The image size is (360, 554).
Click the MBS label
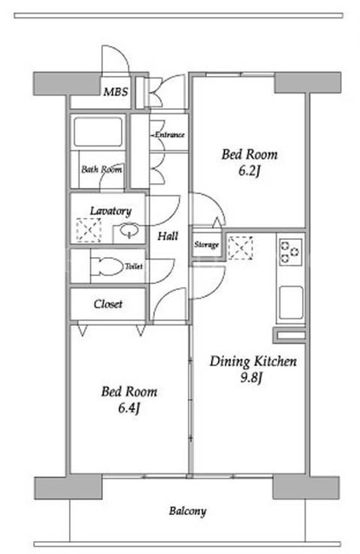tap(115, 92)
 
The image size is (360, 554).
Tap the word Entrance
tap(170, 135)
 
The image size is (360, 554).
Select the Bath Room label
tap(102, 170)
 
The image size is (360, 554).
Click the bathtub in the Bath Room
tap(98, 132)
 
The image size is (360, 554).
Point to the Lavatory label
tap(111, 211)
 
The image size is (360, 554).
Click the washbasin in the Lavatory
tap(129, 230)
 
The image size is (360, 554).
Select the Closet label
tap(108, 304)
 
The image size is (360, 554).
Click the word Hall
tap(168, 236)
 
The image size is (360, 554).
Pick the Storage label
tap(207, 244)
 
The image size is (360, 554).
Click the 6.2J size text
tap(249, 171)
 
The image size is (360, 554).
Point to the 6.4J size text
tap(129, 409)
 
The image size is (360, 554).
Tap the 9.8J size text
tap(252, 378)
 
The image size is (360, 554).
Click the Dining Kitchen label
tap(253, 362)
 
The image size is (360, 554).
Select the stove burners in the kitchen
tap(291, 252)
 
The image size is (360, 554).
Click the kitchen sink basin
tap(292, 303)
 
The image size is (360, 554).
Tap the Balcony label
tap(187, 512)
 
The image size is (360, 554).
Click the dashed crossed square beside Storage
tap(241, 248)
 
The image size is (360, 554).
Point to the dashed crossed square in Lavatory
tap(88, 230)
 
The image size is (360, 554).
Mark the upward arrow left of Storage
tap(217, 223)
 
